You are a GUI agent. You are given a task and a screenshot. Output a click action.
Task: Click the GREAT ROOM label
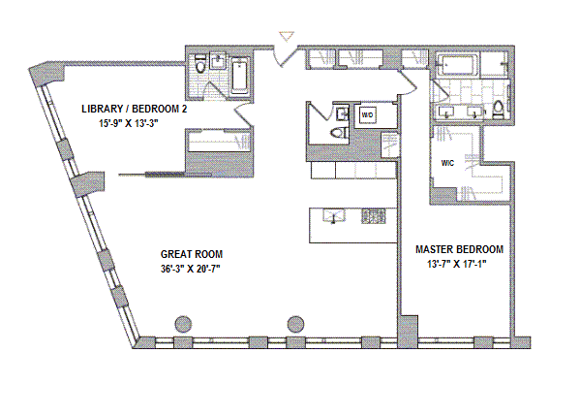192,254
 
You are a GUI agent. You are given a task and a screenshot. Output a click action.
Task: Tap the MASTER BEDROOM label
459,249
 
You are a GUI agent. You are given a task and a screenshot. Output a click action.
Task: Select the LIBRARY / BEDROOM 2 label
135,109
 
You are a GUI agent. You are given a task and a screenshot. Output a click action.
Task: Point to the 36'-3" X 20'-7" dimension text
191,269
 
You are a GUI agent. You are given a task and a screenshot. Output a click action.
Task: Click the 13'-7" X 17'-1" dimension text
457,264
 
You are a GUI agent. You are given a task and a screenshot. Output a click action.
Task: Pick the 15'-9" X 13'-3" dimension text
129,123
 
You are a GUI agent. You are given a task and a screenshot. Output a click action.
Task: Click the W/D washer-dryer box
367,115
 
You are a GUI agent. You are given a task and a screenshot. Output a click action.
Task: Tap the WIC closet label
447,163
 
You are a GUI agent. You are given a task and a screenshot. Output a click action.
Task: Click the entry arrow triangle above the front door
287,36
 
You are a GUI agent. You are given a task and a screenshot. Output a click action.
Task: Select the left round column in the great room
183,324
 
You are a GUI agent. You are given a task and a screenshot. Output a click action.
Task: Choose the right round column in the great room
295,324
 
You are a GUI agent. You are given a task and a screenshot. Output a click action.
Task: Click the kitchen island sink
333,216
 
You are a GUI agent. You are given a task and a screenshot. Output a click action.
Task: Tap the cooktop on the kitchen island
373,216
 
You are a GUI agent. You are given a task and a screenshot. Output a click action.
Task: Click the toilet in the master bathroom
499,110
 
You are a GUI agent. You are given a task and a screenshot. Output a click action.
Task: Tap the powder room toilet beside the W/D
339,133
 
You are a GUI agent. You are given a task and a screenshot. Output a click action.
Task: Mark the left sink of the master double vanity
446,112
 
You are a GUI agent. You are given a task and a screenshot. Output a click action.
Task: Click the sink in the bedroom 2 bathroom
218,60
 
